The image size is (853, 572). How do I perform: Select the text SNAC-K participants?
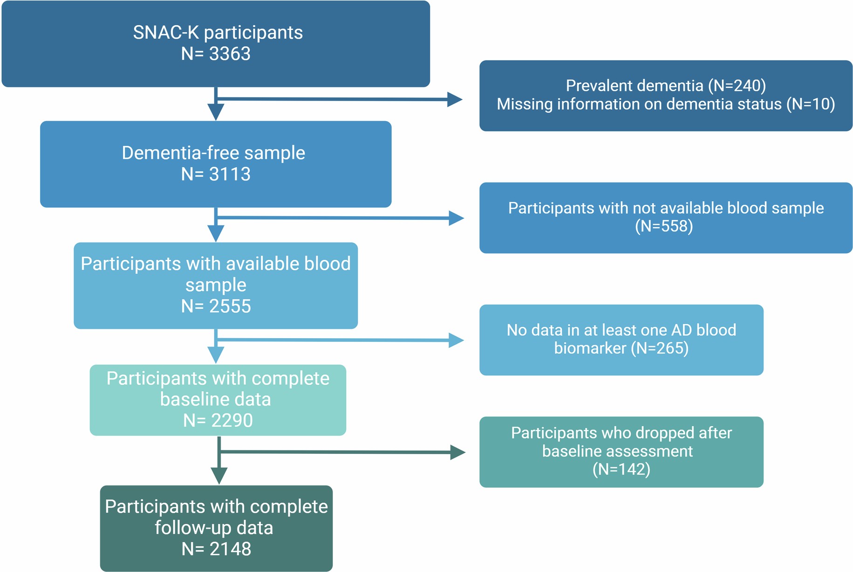coord(218,33)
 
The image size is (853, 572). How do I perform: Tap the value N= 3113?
coord(216,174)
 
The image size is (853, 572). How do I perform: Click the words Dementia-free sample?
coord(213,153)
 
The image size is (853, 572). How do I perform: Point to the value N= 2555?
coord(216,306)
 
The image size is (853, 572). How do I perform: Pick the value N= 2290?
coord(218,420)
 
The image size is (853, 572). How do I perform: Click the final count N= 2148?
coord(216,549)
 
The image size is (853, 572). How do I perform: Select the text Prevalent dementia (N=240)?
coord(666,86)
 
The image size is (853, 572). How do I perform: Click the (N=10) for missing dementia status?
coord(810,104)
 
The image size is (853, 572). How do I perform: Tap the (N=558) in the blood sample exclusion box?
coord(664,226)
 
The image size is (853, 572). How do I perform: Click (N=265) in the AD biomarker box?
coord(660,348)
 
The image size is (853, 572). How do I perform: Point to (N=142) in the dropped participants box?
coord(621,469)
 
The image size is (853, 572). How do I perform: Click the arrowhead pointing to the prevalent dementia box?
coord(454,99)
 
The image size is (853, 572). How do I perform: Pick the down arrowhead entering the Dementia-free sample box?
coord(216,112)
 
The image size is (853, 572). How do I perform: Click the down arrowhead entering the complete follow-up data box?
coord(219,476)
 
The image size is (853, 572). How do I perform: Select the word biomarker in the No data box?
coord(590,348)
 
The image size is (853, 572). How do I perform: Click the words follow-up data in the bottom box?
coord(214,528)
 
